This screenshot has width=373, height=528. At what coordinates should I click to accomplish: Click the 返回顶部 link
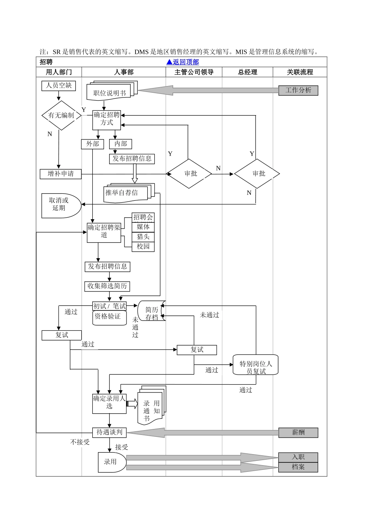coord(183,62)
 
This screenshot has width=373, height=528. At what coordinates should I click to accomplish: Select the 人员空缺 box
coord(59,86)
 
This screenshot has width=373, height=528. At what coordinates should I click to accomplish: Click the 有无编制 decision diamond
coord(61,115)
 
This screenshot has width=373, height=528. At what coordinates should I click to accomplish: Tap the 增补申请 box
coord(60,174)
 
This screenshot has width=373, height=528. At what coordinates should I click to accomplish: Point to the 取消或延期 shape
coord(60,205)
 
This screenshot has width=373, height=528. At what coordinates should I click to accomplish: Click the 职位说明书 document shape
coord(110,93)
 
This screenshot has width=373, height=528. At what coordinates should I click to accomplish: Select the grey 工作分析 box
coord(298,90)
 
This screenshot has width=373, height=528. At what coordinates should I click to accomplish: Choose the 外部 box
coord(93,144)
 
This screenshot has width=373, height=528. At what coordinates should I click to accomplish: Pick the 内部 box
coord(121,144)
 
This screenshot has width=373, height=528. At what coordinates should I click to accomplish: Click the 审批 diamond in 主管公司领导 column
coord(190,174)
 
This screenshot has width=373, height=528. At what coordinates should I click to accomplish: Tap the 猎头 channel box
coord(143,237)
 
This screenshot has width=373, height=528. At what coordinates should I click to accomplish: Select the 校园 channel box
coord(143,247)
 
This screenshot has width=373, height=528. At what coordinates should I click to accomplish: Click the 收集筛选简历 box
coord(107,286)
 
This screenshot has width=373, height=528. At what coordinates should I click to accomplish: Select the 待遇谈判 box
coord(109,433)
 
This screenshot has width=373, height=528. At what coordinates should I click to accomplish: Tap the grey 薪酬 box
coord(298,433)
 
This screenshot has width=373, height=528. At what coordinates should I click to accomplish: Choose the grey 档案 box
coord(298,467)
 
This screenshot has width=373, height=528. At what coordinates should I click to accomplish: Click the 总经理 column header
coord(247,72)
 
